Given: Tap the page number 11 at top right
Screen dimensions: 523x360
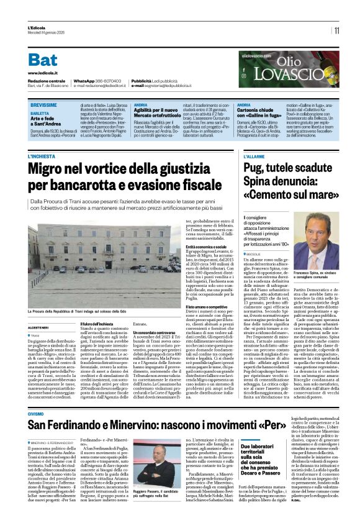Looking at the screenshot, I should click(x=336, y=30).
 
